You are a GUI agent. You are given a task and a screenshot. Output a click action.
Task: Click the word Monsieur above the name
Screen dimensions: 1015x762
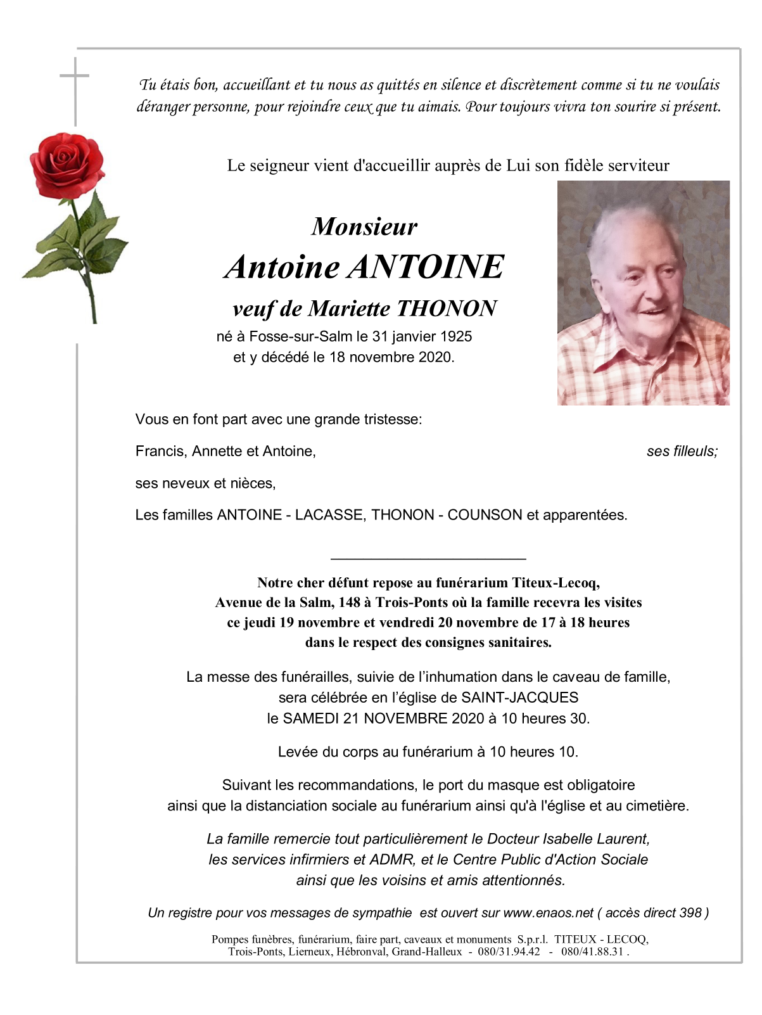coord(364,226)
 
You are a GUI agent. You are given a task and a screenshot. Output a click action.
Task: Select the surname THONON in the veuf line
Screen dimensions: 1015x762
coord(447,309)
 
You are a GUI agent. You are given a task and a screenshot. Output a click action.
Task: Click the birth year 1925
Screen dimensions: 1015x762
coord(456,336)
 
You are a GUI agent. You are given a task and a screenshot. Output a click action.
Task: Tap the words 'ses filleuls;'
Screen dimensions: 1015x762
coord(682,451)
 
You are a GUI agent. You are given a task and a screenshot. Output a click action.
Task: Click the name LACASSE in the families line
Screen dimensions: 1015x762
coord(329,515)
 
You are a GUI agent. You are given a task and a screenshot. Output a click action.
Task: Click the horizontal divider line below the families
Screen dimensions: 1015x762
coord(428,559)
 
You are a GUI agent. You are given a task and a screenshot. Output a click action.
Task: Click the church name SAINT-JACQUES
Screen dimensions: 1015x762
coord(519,698)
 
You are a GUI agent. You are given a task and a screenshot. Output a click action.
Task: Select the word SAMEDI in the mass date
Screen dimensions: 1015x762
coord(310,718)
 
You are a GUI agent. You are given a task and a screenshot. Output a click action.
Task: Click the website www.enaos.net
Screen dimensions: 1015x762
coord(549,913)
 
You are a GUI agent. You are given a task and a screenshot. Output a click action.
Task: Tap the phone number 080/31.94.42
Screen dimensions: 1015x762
coord(509,952)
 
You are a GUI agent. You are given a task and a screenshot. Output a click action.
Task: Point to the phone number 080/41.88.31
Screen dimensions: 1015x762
coord(592,952)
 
